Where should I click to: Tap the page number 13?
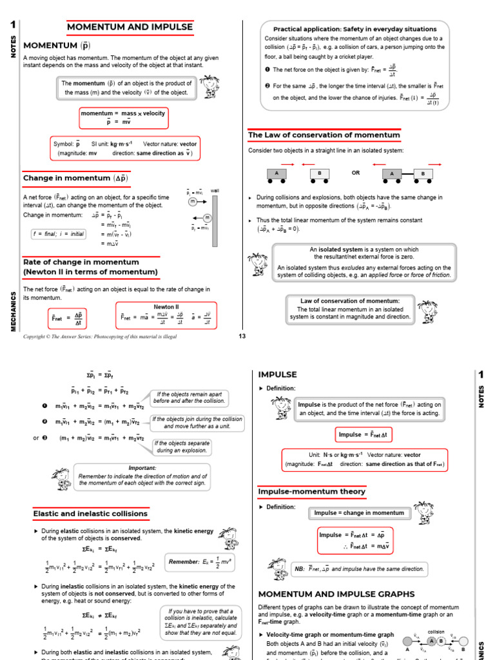click(x=242, y=336)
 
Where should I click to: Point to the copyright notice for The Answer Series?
click(x=100, y=336)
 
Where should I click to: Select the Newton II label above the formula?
click(x=166, y=307)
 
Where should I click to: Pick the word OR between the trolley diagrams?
click(x=356, y=173)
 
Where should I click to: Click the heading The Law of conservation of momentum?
click(x=324, y=135)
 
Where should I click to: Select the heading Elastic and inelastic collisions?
click(x=90, y=514)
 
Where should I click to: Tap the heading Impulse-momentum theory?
click(x=311, y=492)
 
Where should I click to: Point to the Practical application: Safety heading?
click(x=354, y=29)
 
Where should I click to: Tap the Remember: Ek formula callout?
click(x=198, y=562)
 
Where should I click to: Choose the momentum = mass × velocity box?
click(x=122, y=117)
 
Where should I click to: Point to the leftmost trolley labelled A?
click(x=277, y=173)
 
